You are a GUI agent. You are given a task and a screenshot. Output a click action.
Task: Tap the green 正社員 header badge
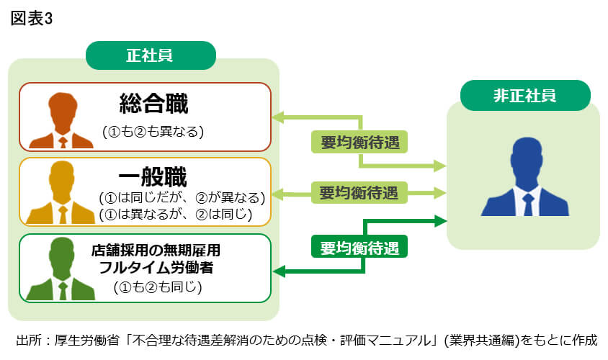pyautogui.click(x=151, y=55)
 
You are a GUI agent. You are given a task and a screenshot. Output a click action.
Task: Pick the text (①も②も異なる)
pyautogui.click(x=153, y=131)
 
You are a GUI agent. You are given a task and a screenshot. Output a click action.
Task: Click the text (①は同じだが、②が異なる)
pyautogui.click(x=182, y=197)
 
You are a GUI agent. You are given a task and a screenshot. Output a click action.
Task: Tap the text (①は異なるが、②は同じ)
pyautogui.click(x=175, y=214)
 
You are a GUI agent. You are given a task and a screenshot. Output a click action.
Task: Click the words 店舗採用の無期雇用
pyautogui.click(x=156, y=251)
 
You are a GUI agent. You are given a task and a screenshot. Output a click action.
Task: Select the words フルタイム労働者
pyautogui.click(x=156, y=268)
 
